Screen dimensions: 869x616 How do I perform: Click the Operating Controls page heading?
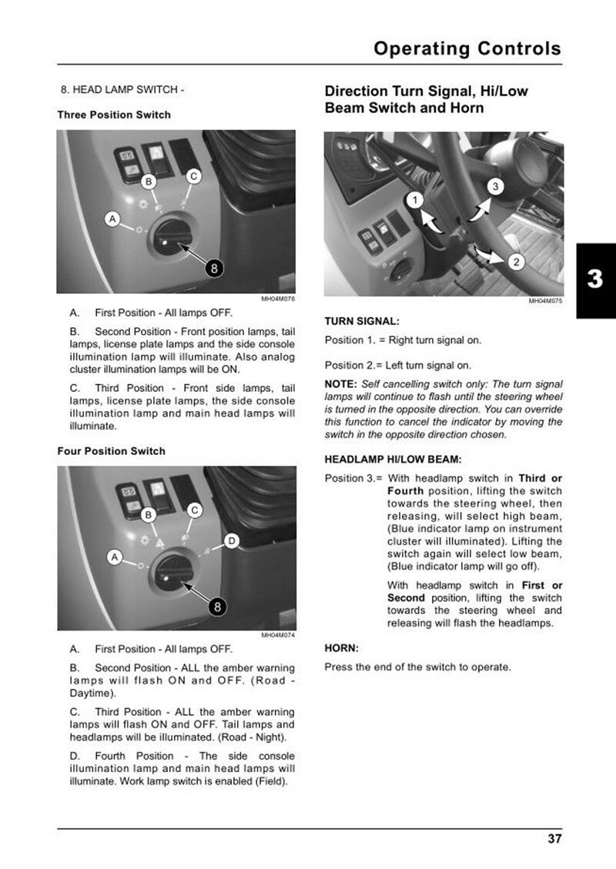tap(467, 48)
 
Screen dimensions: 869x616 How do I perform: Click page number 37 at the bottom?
tap(554, 838)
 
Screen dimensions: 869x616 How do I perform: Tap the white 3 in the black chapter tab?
tap(594, 279)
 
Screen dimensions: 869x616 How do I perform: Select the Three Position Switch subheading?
tap(114, 115)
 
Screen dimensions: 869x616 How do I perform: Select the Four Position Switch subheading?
tap(111, 451)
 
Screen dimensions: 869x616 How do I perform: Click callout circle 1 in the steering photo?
tap(415, 201)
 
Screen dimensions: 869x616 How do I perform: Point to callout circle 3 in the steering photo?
tap(495, 186)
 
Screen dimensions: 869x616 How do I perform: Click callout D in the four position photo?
tap(232, 541)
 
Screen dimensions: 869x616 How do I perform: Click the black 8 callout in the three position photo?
tap(216, 268)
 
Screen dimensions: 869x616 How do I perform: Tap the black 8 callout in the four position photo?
tap(218, 607)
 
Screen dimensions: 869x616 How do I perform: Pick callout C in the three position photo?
tap(194, 176)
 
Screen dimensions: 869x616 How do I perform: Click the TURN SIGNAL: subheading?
tap(362, 321)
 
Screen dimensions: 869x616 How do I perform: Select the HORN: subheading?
tap(342, 648)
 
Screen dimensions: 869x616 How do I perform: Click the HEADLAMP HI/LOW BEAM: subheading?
tap(393, 460)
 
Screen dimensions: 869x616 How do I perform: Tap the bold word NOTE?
tap(340, 384)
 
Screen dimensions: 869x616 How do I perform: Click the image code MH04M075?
tap(545, 301)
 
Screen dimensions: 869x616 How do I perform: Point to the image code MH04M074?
tap(278, 635)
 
